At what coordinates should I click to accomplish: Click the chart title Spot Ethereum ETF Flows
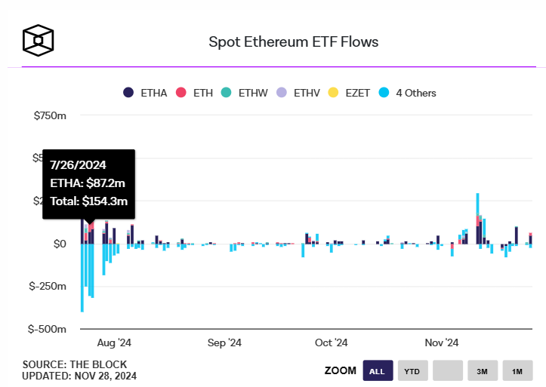point(293,41)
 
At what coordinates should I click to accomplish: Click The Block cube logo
point(38,40)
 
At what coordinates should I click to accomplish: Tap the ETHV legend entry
point(299,93)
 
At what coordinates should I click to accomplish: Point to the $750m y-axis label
point(50,115)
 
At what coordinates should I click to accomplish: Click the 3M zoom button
point(483,370)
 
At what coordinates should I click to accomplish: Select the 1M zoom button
point(517,370)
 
